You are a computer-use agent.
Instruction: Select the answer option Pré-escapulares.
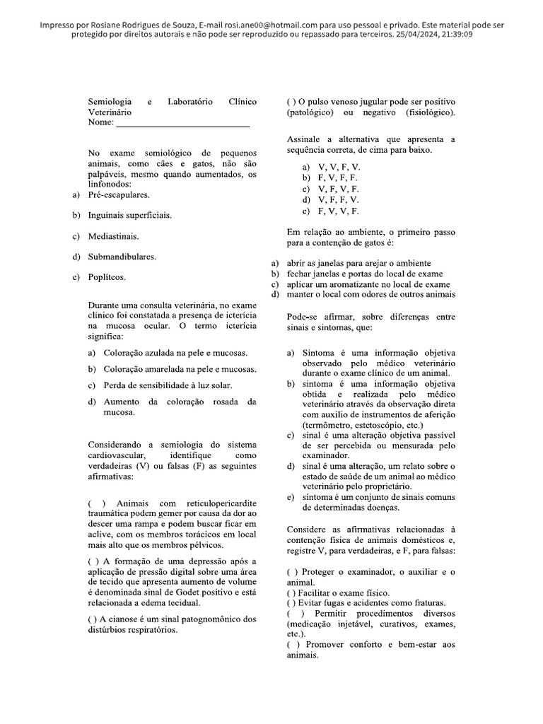tap(118, 194)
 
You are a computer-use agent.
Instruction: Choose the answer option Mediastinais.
tap(113, 235)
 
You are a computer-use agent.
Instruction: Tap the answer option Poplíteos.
tap(107, 277)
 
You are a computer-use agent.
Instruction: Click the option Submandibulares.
tap(122, 256)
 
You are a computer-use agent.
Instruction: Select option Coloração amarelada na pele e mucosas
tap(180, 369)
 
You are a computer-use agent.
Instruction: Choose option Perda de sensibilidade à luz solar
tap(168, 385)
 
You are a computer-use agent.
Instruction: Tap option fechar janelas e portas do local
tap(365, 273)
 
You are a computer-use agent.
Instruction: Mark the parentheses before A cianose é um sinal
tap(92, 620)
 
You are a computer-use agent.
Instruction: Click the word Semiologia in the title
tap(110, 102)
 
